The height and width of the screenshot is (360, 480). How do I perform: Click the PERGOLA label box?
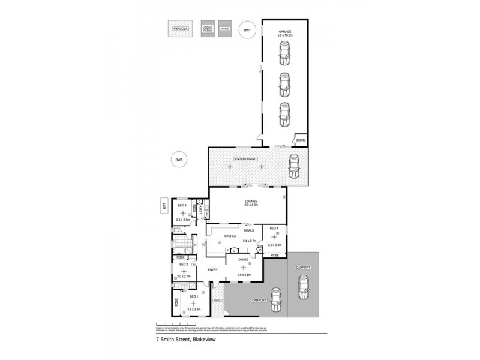180,29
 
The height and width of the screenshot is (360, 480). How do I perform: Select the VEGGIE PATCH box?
208,29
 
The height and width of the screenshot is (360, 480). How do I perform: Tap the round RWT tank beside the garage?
246,29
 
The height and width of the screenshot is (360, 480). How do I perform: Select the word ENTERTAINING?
247,159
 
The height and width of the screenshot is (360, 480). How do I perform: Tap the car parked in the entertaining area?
293,166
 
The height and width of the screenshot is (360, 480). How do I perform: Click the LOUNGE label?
247,201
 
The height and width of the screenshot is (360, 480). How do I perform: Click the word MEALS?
248,230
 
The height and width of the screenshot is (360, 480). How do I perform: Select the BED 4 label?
274,229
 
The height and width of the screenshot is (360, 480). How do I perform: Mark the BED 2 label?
184,264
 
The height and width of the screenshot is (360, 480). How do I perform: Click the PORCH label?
217,301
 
